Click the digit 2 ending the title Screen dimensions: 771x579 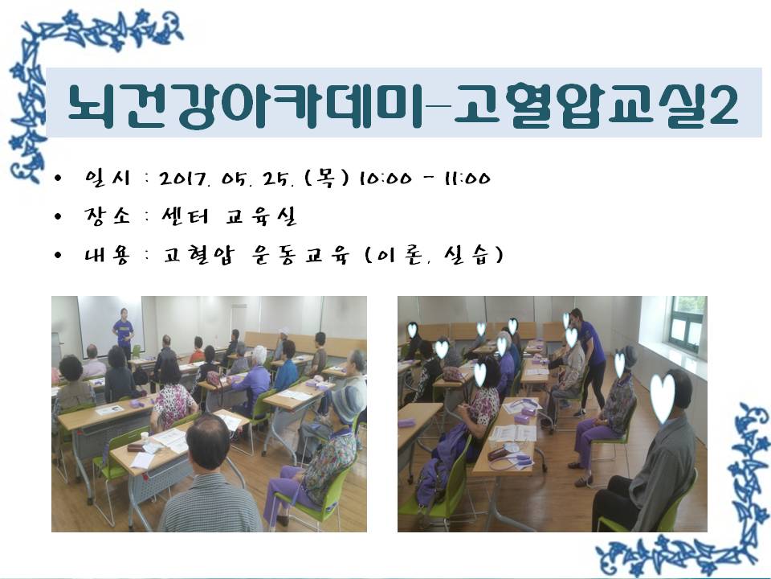point(723,105)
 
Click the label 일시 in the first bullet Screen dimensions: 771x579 point(108,178)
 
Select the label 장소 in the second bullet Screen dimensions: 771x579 point(107,216)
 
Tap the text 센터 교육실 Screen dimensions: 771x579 point(229,216)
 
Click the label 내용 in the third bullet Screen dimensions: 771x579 point(107,255)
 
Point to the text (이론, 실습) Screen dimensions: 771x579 point(434,255)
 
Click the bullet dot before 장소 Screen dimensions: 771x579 point(59,216)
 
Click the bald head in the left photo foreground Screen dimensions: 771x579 point(208,441)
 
